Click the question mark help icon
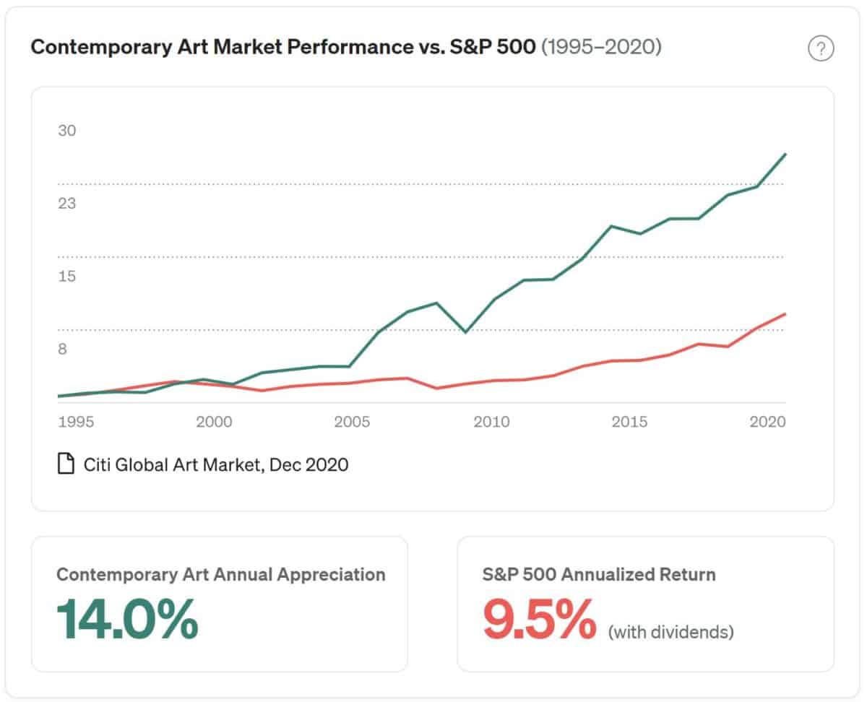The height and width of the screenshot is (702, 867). (821, 49)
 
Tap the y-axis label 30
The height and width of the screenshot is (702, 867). (67, 131)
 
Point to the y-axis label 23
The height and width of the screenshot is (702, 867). (67, 204)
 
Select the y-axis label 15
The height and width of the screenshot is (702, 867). (67, 277)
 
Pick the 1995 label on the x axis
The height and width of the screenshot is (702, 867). (76, 422)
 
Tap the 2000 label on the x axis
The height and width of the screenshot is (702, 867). (214, 422)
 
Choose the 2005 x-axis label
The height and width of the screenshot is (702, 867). (352, 422)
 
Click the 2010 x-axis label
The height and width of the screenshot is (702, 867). (491, 422)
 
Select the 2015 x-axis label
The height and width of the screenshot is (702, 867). (629, 422)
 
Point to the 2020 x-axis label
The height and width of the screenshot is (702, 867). (767, 422)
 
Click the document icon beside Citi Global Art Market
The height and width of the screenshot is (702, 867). (66, 464)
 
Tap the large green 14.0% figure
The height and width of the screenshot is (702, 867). (127, 619)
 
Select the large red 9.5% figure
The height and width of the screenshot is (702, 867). (539, 619)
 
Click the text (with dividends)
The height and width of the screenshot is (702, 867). (670, 633)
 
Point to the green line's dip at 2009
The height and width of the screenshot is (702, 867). (465, 332)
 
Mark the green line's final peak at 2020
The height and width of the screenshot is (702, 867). (785, 155)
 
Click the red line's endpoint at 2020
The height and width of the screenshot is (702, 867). (785, 314)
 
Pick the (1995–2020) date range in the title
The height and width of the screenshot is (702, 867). (601, 48)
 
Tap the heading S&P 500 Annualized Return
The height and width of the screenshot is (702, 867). (599, 575)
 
